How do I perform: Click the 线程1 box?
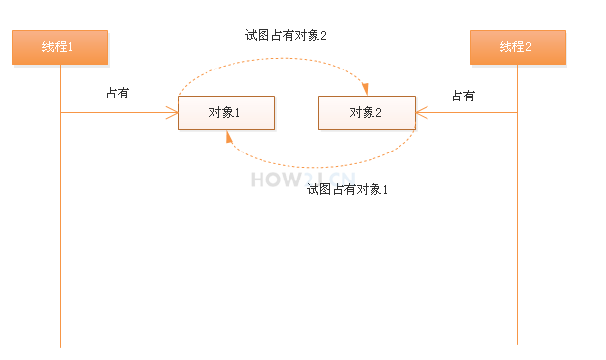click(59, 47)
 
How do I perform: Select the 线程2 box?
click(517, 47)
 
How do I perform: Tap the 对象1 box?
click(226, 113)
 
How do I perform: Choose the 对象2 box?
click(367, 113)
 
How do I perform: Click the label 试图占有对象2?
click(287, 36)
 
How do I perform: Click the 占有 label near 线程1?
click(118, 95)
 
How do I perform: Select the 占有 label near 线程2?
click(463, 96)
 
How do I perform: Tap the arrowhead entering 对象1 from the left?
click(174, 113)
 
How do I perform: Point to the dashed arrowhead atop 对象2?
click(366, 91)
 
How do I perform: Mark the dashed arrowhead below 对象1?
click(228, 136)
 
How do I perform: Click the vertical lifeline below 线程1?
click(60, 241)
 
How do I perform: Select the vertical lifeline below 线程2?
click(518, 241)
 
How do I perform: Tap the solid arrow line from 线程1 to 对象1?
click(116, 113)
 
